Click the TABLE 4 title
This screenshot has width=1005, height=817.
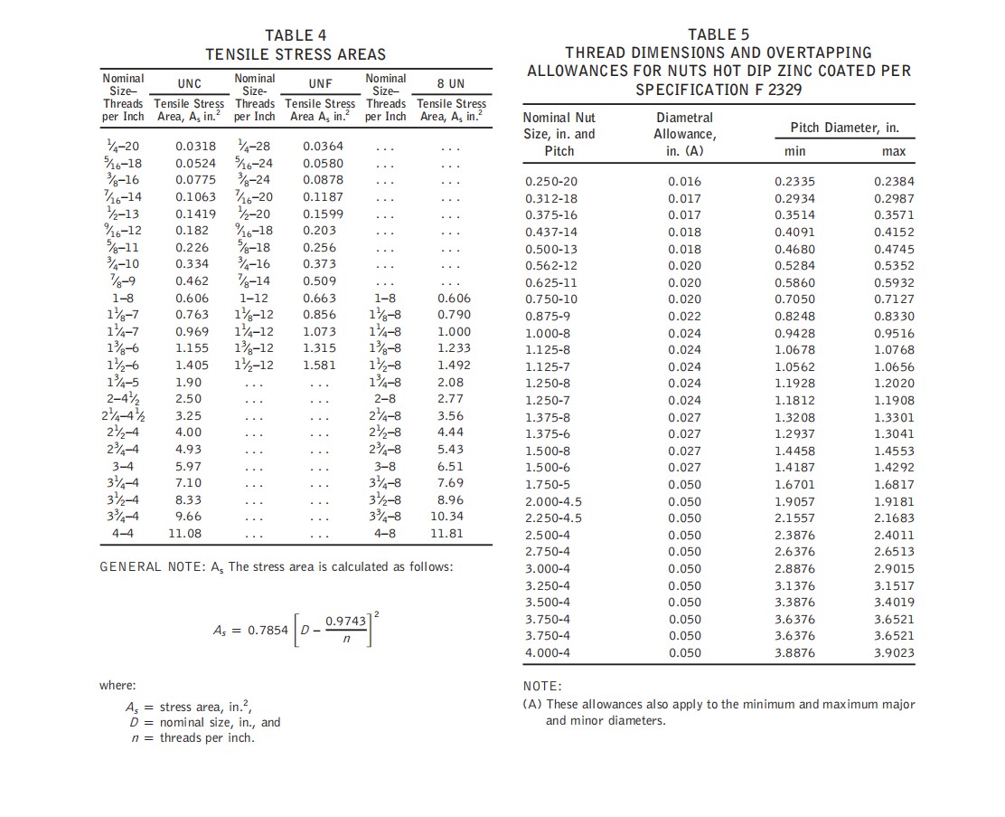pos(296,35)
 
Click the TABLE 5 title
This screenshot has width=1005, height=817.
pos(719,34)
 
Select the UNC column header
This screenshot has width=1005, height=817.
pos(189,84)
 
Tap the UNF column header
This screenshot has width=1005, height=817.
pos(321,84)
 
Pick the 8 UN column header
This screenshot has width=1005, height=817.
pos(450,84)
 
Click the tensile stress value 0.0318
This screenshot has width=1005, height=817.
pos(195,146)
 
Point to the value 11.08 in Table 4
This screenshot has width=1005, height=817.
pos(185,533)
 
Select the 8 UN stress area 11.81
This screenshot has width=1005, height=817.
pos(446,533)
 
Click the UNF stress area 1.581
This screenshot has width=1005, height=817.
pos(319,365)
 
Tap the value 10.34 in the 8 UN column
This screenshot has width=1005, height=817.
pos(446,516)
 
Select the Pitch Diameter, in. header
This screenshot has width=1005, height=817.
pos(844,128)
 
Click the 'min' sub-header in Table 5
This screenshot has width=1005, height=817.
pos(795,151)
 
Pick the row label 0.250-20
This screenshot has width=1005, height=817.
pos(550,182)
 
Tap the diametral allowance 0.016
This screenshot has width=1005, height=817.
pos(684,182)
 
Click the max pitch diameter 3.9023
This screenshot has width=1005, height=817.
pos(894,652)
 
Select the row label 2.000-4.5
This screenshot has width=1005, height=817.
pos(553,501)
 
